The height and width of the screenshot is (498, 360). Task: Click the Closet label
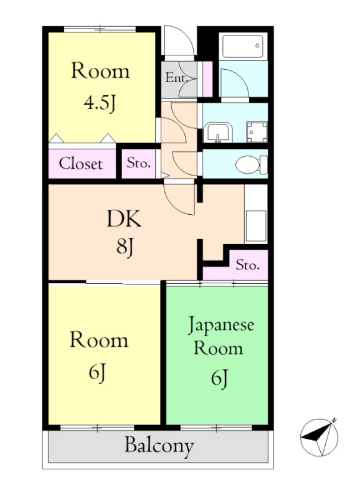click(x=80, y=164)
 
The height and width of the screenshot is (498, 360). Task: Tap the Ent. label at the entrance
click(x=176, y=78)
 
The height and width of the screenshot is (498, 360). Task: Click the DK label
click(x=124, y=219)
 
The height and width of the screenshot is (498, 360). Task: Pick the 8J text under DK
click(x=125, y=247)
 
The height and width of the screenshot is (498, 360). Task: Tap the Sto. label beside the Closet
click(x=138, y=164)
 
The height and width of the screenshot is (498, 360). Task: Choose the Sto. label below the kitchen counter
click(x=248, y=266)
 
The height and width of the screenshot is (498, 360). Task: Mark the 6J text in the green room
click(x=219, y=377)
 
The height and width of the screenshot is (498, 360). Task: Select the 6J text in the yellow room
click(x=99, y=373)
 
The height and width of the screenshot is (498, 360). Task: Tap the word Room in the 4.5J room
click(x=100, y=71)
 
